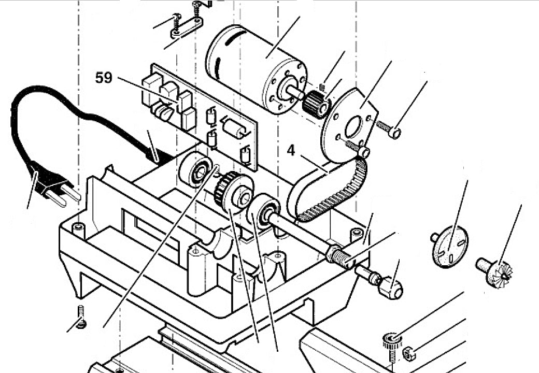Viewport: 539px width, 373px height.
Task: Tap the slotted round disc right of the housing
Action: [x=449, y=248]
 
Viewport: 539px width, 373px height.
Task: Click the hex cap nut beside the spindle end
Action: [x=391, y=287]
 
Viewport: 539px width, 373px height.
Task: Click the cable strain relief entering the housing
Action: [x=155, y=154]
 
